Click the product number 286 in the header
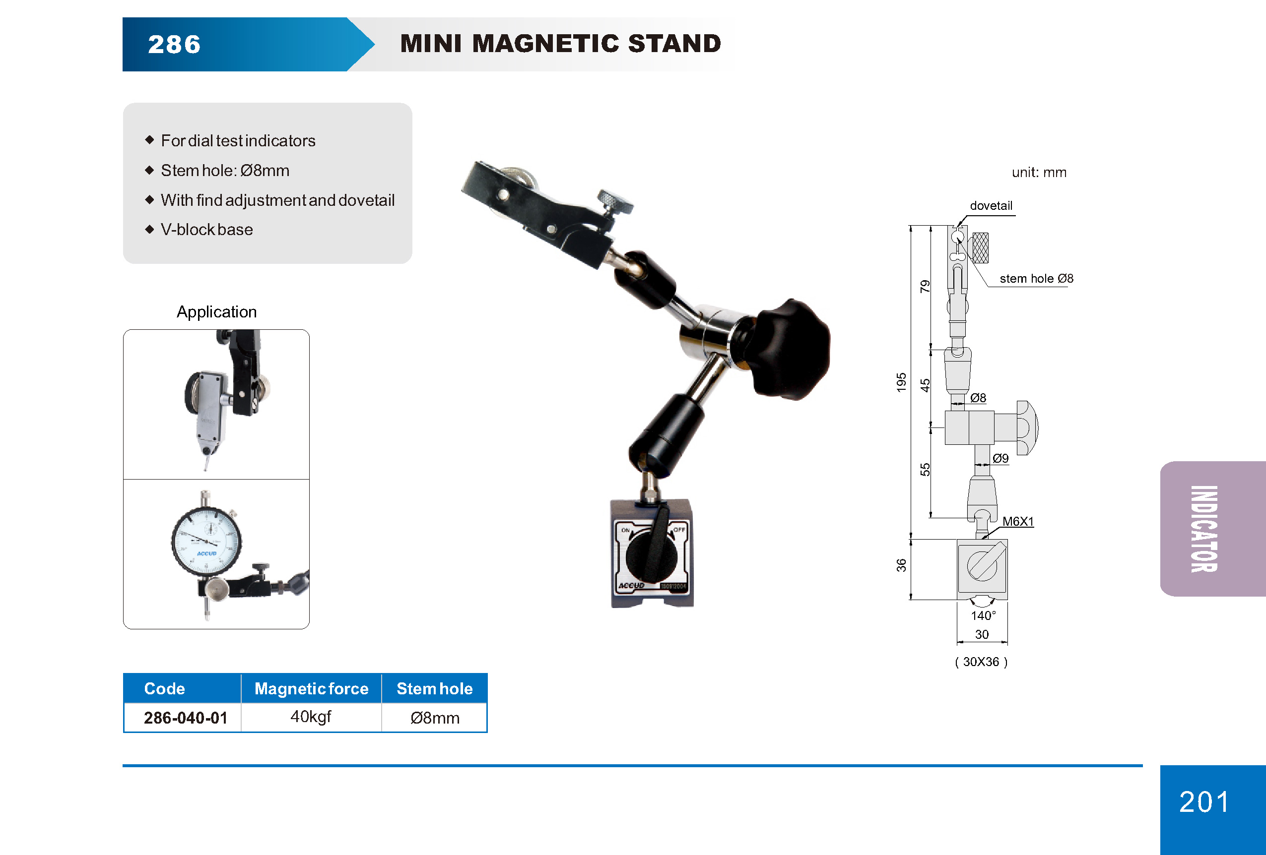(x=174, y=45)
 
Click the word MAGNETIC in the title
(x=546, y=44)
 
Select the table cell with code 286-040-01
(x=185, y=718)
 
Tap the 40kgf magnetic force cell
(x=311, y=717)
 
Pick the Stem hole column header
(x=434, y=688)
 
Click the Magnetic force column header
(x=311, y=688)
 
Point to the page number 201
(x=1204, y=801)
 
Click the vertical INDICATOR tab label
(x=1204, y=529)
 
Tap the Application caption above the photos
(x=216, y=312)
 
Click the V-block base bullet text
(x=206, y=230)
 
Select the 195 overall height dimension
(x=902, y=382)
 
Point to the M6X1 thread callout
(x=1017, y=521)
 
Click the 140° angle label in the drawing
(x=983, y=615)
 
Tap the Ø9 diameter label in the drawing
(x=1000, y=458)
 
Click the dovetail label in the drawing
(x=991, y=206)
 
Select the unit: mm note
(x=1039, y=173)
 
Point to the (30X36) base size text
(x=981, y=662)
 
